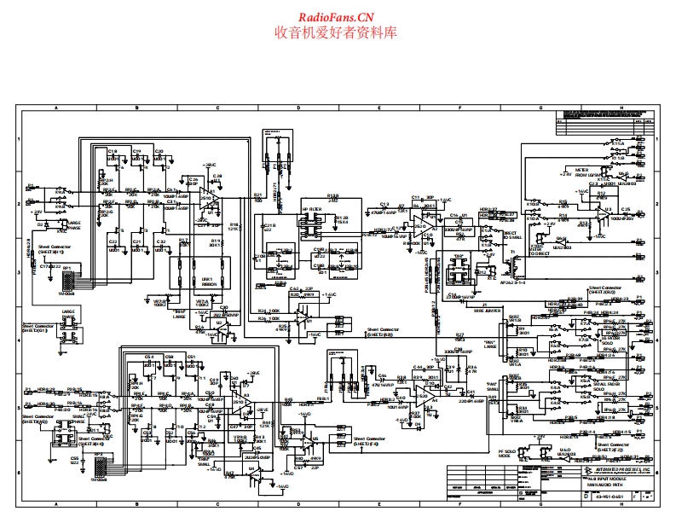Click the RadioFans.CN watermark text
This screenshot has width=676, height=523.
[x=335, y=16]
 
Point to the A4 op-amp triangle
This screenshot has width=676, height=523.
[x=424, y=393]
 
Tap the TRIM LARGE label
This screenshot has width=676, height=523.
[x=181, y=317]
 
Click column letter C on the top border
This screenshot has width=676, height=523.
[x=217, y=108]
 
